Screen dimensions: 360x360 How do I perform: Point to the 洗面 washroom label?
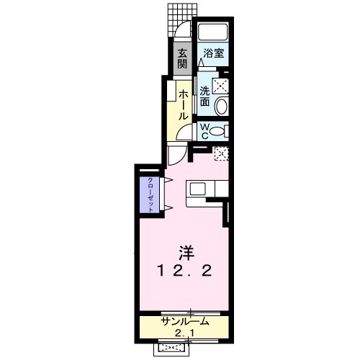pyautogui.click(x=205, y=96)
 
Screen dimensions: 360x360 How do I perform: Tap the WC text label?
pyautogui.click(x=205, y=131)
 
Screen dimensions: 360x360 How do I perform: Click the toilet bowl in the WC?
pyautogui.click(x=224, y=130)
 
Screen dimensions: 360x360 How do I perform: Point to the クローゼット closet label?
pyautogui.click(x=151, y=193)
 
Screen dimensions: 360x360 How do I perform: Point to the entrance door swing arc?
pyautogui.click(x=184, y=33)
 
